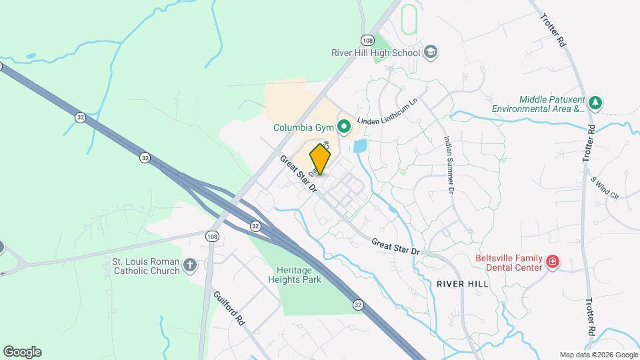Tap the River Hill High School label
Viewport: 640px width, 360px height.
point(376,53)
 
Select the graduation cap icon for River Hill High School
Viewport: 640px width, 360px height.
point(431,52)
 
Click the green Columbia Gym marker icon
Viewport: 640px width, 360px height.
point(344,126)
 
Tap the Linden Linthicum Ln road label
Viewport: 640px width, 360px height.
point(387,111)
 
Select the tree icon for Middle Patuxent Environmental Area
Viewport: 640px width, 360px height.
point(595,103)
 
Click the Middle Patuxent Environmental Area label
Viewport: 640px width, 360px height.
point(538,103)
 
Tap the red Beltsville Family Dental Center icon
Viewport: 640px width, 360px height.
point(552,262)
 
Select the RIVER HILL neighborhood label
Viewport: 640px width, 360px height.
point(462,284)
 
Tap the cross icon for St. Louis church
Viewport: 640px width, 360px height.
point(190,266)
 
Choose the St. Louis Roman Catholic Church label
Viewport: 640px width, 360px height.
point(146,266)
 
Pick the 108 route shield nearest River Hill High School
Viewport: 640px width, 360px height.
point(367,39)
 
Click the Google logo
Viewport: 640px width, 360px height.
point(22,352)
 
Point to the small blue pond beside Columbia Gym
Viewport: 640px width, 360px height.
point(360,145)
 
